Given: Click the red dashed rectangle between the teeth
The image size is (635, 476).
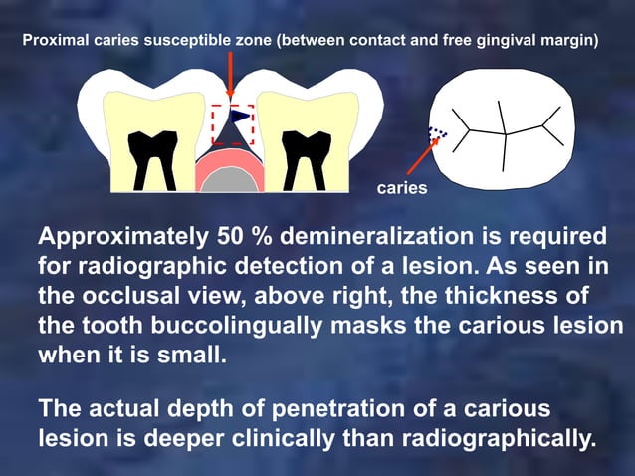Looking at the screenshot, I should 233,124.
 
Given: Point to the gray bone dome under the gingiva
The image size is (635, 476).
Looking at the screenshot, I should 232,182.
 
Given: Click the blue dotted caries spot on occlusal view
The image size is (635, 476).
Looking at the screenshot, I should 438,131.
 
